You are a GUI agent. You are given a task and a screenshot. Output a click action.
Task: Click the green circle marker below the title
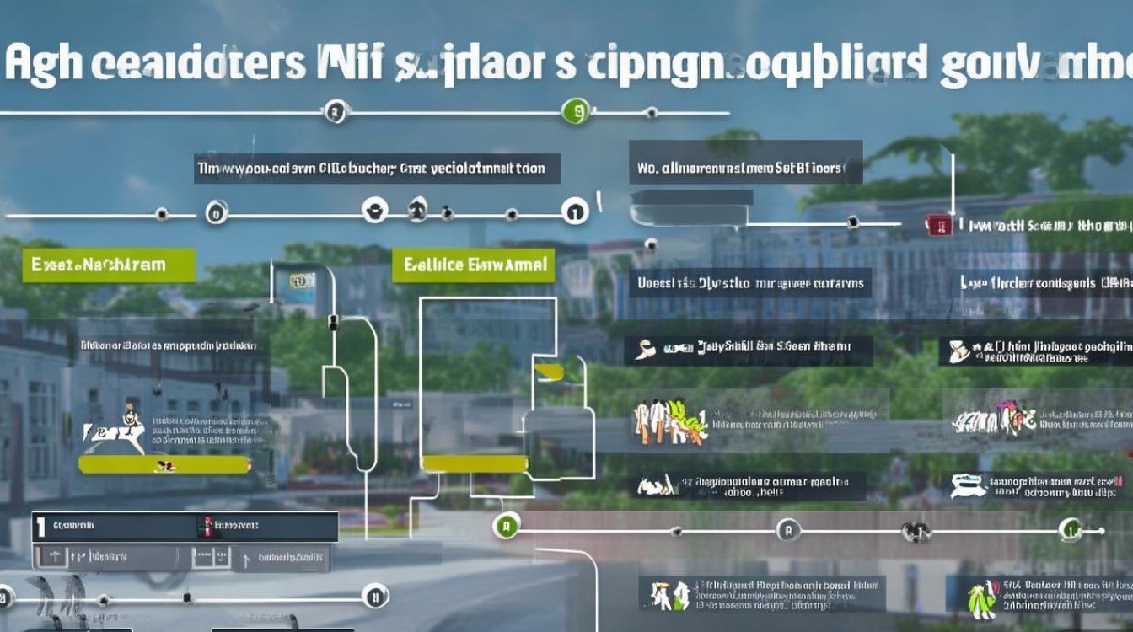pos(575,110)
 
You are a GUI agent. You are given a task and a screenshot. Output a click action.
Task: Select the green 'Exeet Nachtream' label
pos(109,265)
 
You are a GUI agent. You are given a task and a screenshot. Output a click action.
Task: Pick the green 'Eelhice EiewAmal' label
pos(474,265)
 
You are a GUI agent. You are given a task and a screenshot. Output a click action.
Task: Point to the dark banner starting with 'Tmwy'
pos(377,169)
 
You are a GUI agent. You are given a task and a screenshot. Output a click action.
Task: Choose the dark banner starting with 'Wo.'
pos(745,169)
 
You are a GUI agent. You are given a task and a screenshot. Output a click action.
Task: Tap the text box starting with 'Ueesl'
pos(750,283)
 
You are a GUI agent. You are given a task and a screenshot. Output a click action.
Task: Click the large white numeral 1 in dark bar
pos(40,528)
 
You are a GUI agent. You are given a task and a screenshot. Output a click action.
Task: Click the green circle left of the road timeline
pos(506,528)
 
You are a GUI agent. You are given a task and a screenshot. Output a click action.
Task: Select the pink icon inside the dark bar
pos(204,528)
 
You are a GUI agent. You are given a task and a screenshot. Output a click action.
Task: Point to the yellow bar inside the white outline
pos(474,463)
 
